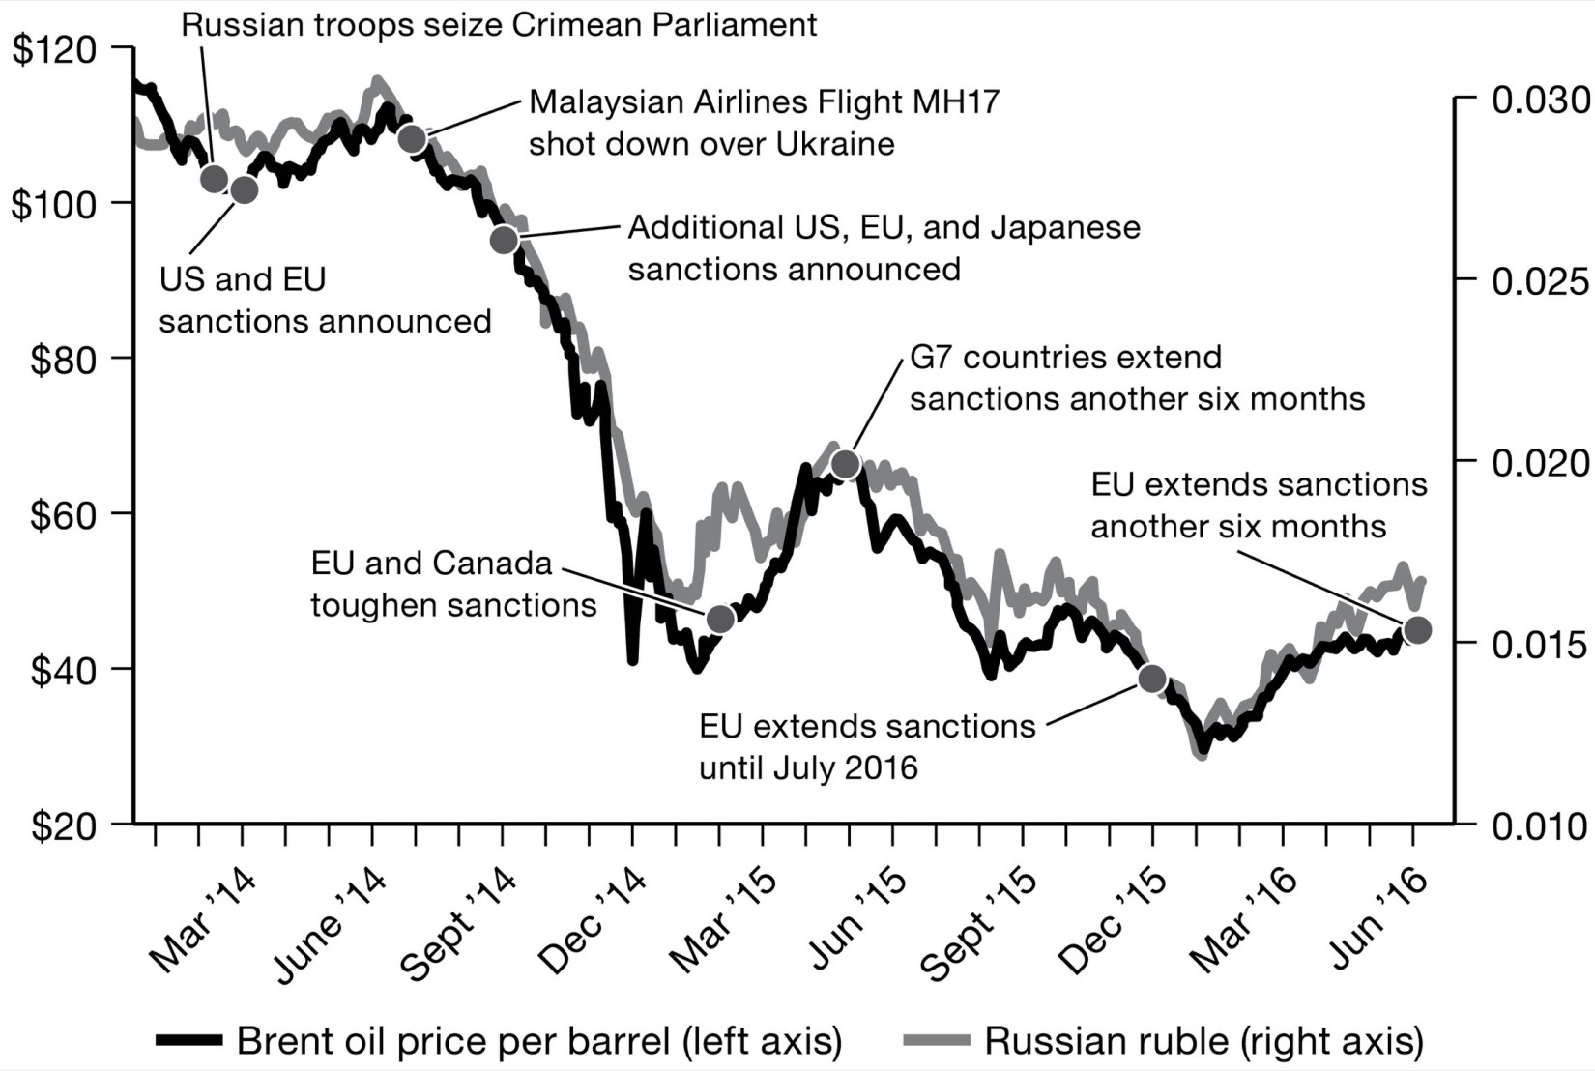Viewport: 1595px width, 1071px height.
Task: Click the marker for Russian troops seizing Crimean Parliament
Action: tap(215, 179)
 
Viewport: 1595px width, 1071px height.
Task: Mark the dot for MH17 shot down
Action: tap(413, 139)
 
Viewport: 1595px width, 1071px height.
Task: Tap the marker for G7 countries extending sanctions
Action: tap(846, 465)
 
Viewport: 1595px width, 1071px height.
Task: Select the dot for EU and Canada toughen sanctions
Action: tap(720, 619)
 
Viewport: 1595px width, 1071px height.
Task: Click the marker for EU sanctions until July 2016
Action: tap(1152, 679)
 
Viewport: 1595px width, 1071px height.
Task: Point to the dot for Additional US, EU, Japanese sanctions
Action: tap(505, 240)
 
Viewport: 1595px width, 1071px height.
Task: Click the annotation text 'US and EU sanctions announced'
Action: tap(325, 300)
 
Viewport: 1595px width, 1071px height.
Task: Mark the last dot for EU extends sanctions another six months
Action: tap(1417, 630)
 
